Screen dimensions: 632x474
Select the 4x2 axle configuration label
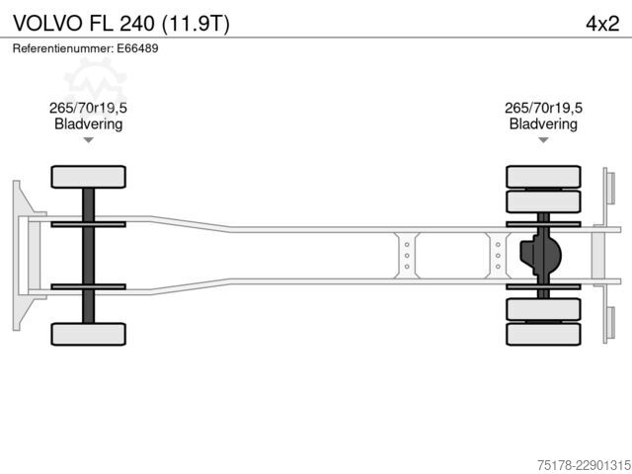(602, 24)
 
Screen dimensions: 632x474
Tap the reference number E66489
(137, 48)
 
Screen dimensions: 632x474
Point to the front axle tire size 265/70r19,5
(88, 108)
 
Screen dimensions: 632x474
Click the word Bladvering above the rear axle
(543, 123)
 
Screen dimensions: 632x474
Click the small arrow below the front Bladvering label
(88, 140)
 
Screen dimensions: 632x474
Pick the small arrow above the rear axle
(543, 140)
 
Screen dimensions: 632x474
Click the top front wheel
(88, 177)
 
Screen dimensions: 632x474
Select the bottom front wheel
(88, 334)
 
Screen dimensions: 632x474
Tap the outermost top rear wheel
(543, 177)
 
